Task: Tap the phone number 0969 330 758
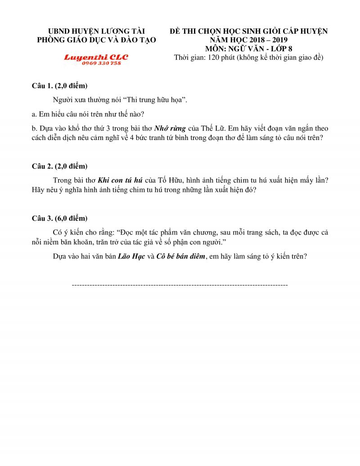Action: coord(101,63)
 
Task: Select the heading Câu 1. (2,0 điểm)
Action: coord(59,86)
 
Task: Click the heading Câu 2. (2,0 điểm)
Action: coord(59,166)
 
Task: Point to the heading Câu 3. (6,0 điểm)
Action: coord(59,218)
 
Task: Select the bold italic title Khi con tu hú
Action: coord(120,180)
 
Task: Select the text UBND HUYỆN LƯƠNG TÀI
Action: coord(96,31)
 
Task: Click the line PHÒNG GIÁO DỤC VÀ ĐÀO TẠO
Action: coord(96,40)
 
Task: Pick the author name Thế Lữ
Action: coord(215,128)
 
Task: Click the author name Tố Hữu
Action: coord(171,180)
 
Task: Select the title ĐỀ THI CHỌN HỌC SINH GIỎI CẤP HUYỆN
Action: coord(249,31)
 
